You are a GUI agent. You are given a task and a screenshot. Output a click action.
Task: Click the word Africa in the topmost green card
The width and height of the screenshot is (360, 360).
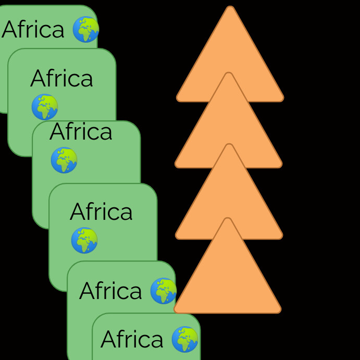[x=33, y=30]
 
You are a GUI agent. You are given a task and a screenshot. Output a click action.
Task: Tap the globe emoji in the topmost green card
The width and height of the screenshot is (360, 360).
[x=85, y=29]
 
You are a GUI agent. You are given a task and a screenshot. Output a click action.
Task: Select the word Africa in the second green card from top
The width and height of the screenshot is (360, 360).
[x=61, y=79]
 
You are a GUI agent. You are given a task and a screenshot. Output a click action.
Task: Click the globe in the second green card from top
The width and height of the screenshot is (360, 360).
[x=45, y=107]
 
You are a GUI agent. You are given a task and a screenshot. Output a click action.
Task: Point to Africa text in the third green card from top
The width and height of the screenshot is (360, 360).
[x=81, y=132]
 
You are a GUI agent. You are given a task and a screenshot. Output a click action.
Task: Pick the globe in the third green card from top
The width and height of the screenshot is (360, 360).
[x=64, y=160]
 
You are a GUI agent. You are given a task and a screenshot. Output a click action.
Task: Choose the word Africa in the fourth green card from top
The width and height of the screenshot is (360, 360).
[x=101, y=212]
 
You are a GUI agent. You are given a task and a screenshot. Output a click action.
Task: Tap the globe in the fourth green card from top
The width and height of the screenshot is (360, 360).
[x=84, y=240]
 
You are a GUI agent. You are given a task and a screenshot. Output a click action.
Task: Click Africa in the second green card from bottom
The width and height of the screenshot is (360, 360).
[x=110, y=291]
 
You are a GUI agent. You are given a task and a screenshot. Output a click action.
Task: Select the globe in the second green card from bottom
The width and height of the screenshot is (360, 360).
[x=163, y=291]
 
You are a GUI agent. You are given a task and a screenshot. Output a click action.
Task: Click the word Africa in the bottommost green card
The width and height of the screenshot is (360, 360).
[x=132, y=340]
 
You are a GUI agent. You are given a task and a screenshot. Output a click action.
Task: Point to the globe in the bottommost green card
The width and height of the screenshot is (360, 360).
[x=185, y=339]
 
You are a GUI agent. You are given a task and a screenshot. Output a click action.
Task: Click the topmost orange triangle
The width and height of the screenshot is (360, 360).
[x=230, y=47]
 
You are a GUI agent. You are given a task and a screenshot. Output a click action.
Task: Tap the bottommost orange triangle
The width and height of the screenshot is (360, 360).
[x=227, y=276]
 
